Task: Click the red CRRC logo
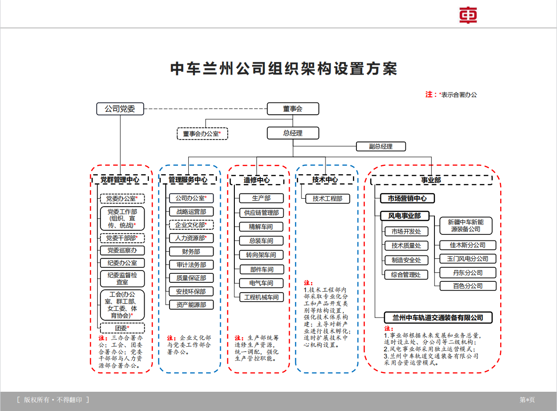pyautogui.click(x=468, y=15)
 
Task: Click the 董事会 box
pyautogui.click(x=293, y=109)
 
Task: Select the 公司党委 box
pyautogui.click(x=120, y=109)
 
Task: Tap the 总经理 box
pyautogui.click(x=293, y=133)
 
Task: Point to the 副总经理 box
pyautogui.click(x=380, y=146)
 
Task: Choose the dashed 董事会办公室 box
pyautogui.click(x=202, y=134)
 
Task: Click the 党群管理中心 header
pyautogui.click(x=120, y=179)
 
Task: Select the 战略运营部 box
pyautogui.click(x=191, y=212)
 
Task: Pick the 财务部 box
pyautogui.click(x=191, y=252)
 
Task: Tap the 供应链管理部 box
pyautogui.click(x=261, y=213)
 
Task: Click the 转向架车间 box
pyautogui.click(x=261, y=255)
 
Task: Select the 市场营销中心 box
pyautogui.click(x=407, y=199)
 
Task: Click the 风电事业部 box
pyautogui.click(x=404, y=216)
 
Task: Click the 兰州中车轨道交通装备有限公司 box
pyautogui.click(x=434, y=318)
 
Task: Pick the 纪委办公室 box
pyautogui.click(x=122, y=263)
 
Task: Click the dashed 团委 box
pyautogui.click(x=122, y=328)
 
